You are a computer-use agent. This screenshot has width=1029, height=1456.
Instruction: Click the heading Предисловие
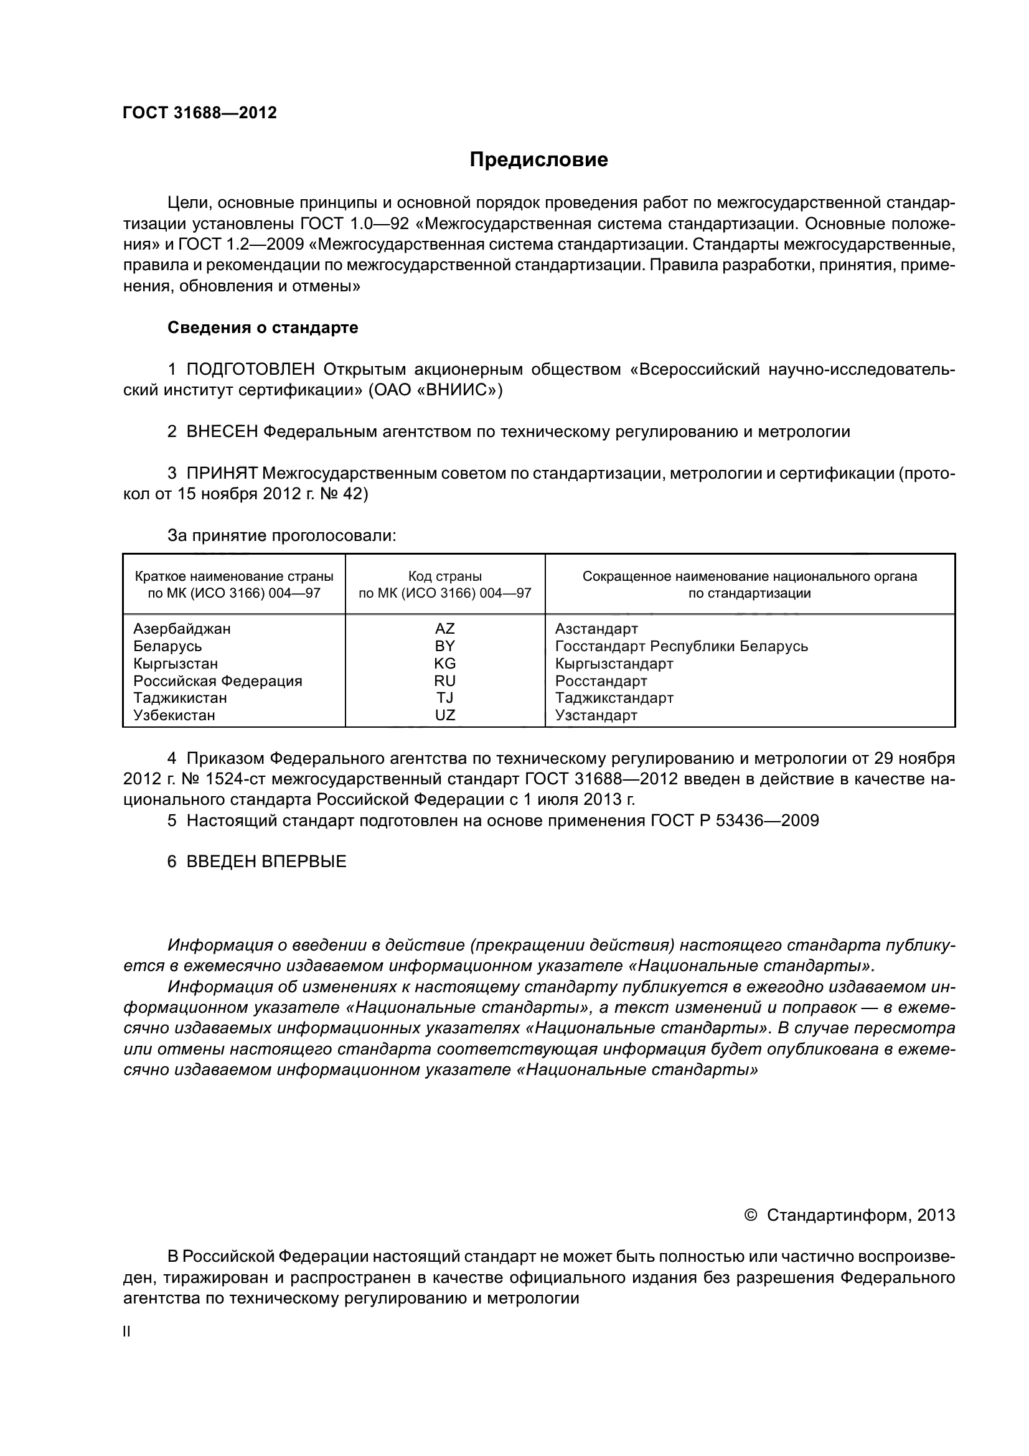(x=538, y=160)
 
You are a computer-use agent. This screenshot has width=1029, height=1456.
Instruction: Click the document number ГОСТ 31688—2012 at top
(x=200, y=113)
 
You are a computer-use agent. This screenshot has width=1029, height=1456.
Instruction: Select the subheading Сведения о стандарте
(x=263, y=328)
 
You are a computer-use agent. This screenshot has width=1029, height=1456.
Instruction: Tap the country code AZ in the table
(x=444, y=629)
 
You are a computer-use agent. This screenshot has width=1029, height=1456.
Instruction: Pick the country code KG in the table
(x=444, y=664)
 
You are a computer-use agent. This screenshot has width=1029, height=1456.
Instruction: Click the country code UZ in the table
(x=444, y=715)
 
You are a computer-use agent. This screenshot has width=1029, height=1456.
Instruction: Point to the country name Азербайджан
(x=182, y=629)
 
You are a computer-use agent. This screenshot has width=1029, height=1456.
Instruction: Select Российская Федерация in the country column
(x=217, y=680)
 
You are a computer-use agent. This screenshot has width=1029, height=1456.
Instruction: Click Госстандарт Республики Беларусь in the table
(x=681, y=646)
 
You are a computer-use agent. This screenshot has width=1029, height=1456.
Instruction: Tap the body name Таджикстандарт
(x=614, y=698)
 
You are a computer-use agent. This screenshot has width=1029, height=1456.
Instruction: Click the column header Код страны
(x=444, y=576)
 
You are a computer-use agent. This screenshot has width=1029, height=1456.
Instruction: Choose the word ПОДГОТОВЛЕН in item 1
(x=250, y=370)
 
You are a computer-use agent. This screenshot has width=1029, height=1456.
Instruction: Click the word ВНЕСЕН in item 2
(x=222, y=432)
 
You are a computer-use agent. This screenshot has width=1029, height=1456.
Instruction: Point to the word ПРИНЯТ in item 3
(x=221, y=473)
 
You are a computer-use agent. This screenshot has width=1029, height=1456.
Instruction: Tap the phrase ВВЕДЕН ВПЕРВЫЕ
(x=266, y=862)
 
